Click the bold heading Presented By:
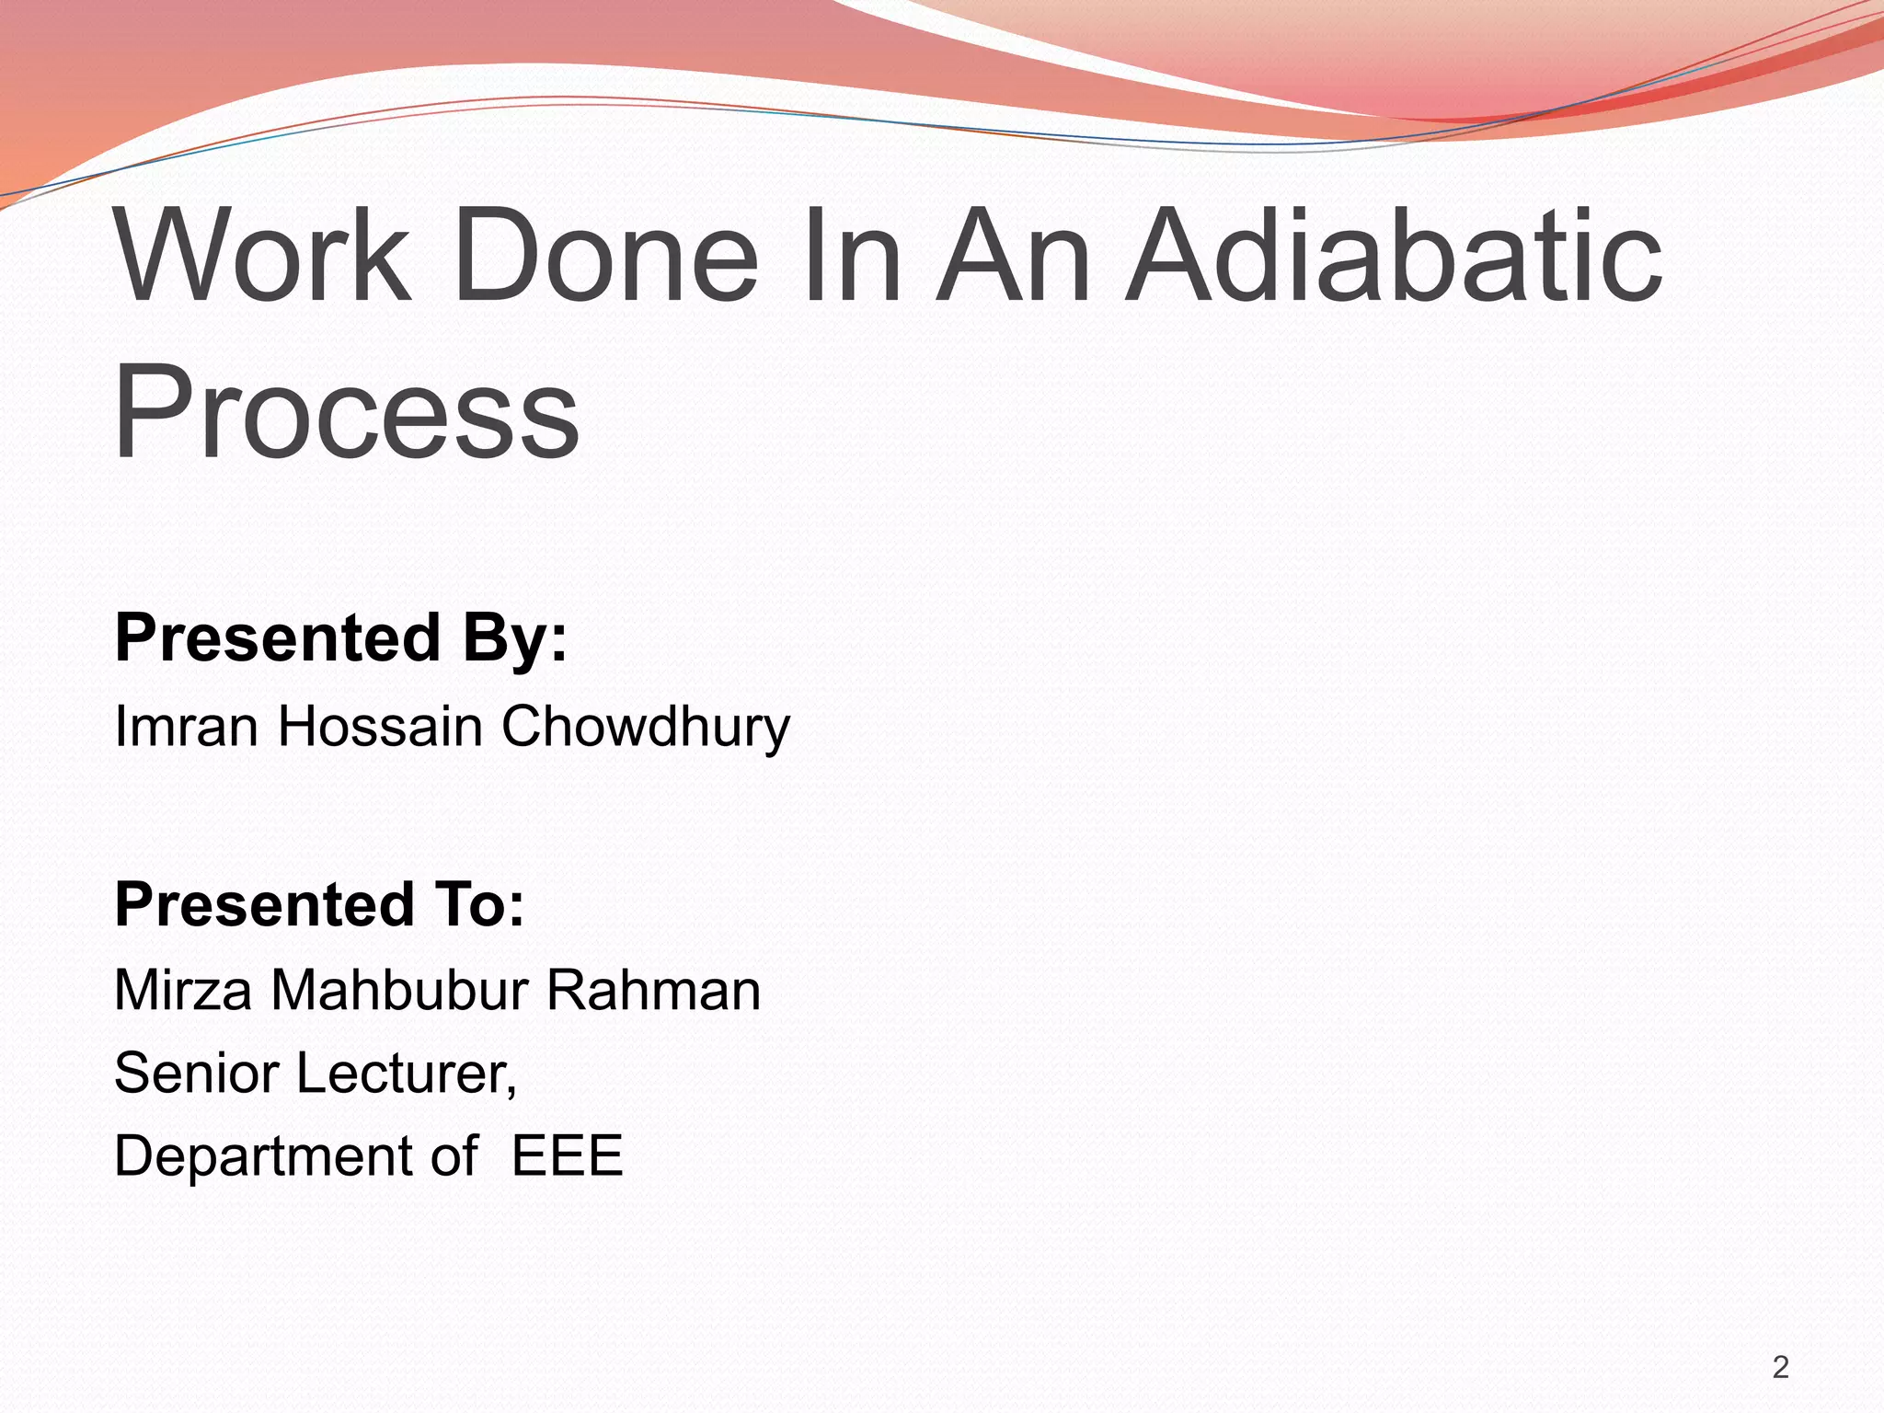341,638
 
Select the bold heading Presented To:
319,904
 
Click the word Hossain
380,726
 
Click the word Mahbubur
399,991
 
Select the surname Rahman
653,991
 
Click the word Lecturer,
406,1073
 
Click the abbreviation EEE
567,1155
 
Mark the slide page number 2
1780,1368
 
